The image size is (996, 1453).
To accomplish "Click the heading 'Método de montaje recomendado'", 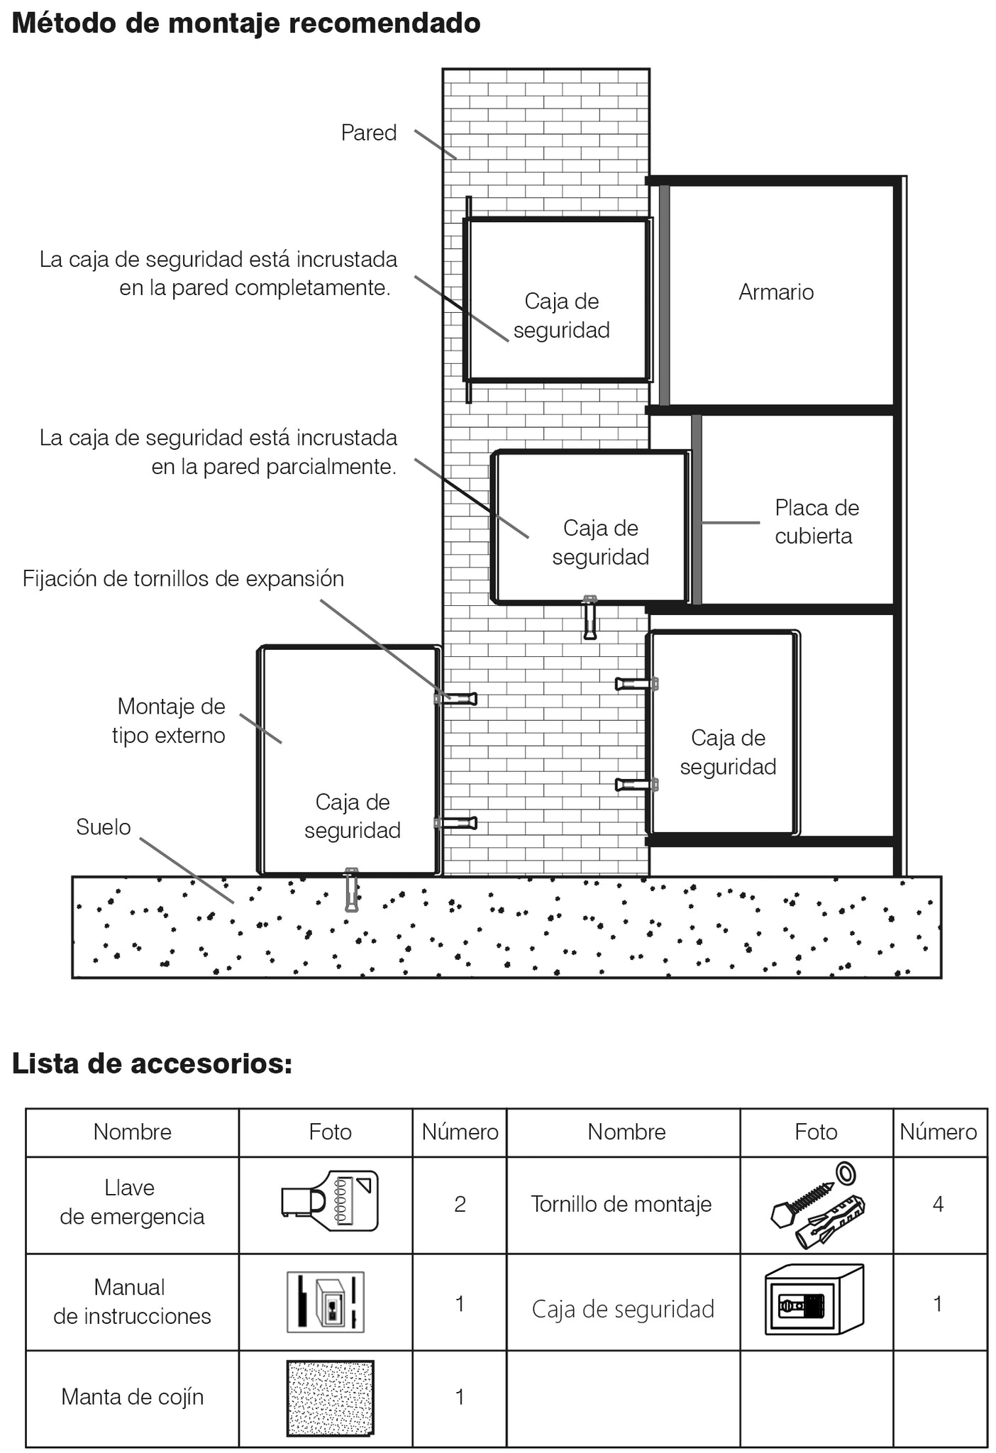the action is [246, 23].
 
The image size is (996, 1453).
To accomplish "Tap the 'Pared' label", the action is [368, 133].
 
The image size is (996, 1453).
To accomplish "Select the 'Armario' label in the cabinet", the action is [776, 292].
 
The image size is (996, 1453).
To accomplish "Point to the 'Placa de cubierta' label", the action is [817, 521].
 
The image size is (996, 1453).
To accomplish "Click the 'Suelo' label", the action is [104, 827].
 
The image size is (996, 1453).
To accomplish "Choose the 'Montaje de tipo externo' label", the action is [169, 720].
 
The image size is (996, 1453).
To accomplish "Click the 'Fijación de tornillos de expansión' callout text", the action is [183, 579].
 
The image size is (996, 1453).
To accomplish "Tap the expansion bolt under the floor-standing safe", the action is [351, 890].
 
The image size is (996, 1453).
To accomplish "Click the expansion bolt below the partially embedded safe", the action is [590, 617].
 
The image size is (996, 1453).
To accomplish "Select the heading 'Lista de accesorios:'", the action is [152, 1063].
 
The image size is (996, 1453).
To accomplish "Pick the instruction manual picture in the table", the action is [326, 1302].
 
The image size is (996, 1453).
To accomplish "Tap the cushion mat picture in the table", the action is [330, 1398].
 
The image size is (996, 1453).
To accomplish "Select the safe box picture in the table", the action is [814, 1300].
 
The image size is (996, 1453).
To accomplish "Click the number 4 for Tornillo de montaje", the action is [938, 1204].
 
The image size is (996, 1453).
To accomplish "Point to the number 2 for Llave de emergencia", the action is [460, 1204].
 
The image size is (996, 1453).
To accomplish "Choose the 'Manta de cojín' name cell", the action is [133, 1397].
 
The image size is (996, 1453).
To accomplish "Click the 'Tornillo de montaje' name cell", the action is [621, 1204].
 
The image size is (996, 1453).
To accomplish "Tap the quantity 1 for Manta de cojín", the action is [460, 1397].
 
